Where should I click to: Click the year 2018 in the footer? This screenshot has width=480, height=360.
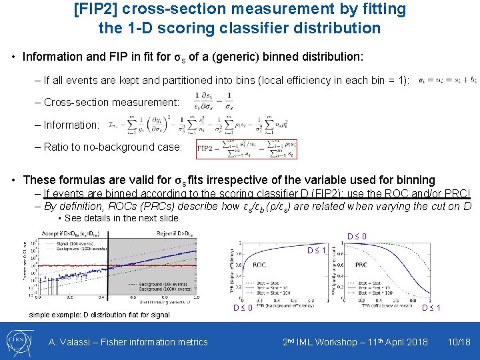coord(416,342)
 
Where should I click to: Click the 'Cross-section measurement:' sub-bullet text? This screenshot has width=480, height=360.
coord(112,102)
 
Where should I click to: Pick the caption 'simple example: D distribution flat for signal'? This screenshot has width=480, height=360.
coord(99,315)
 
